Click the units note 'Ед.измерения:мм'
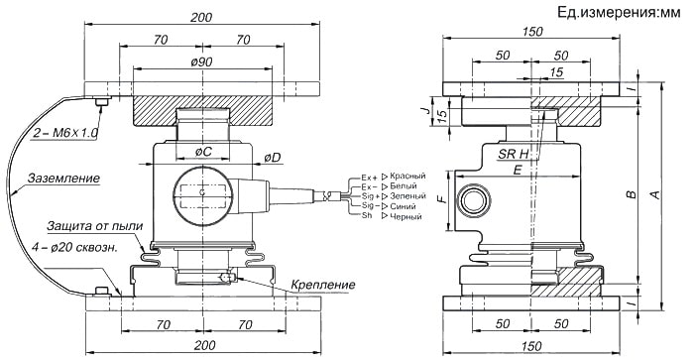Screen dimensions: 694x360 [619, 13]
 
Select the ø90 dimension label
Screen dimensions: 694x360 [202, 62]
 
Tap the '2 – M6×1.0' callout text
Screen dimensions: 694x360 [65, 133]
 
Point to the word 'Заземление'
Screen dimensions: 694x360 [63, 179]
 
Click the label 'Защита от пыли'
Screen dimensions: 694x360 [95, 226]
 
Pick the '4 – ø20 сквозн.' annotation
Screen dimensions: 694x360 [74, 248]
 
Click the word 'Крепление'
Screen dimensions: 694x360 [323, 285]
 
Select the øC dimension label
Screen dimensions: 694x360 [203, 152]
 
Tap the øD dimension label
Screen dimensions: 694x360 [273, 158]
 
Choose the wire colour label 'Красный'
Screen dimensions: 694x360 [407, 177]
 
